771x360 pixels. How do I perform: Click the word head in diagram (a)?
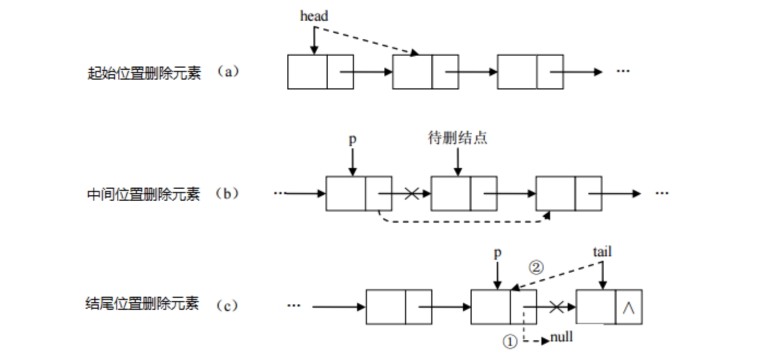coord(314,16)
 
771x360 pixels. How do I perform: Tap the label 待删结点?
coord(457,139)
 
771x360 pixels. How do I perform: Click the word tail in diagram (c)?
coord(602,252)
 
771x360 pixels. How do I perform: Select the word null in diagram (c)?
coord(562,337)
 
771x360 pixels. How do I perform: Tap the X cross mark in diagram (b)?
coord(412,194)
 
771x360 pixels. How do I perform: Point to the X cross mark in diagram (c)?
coord(556,308)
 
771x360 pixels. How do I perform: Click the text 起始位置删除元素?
coord(144,73)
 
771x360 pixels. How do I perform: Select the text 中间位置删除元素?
coord(144,194)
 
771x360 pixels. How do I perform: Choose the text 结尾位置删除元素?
coord(144,304)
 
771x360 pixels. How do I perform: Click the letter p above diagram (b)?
coord(352,140)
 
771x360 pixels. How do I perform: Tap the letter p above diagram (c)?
coord(497,254)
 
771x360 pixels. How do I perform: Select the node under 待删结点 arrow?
coord(463,194)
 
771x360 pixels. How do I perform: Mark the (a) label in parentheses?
coord(228,72)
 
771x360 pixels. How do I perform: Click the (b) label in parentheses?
coord(227,194)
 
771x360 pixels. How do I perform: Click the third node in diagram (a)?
coord(530,72)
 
